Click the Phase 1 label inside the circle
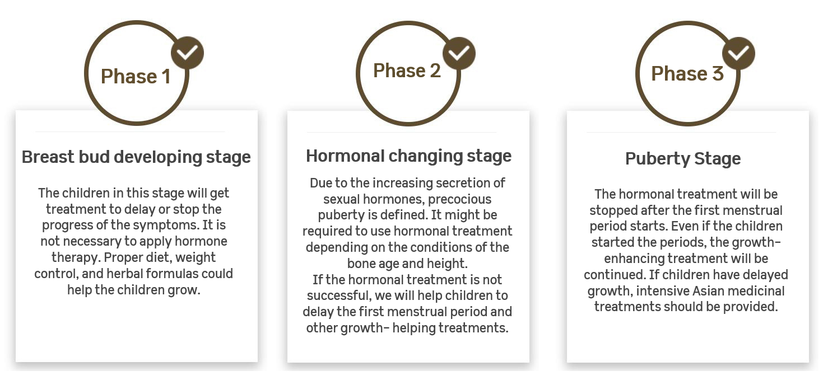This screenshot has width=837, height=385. pos(136,77)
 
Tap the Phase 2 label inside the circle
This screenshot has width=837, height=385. pos(407,71)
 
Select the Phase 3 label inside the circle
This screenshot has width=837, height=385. pos(687,73)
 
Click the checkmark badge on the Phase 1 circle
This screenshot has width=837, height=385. pos(187,53)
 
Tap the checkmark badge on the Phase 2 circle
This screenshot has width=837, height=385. pos(459,53)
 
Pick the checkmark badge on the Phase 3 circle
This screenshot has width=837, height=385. pos(738,53)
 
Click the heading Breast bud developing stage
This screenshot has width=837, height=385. pos(136,157)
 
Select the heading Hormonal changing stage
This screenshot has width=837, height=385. pos(408,156)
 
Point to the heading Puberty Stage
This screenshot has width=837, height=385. pos(683,158)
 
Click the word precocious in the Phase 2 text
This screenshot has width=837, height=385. pos(459,199)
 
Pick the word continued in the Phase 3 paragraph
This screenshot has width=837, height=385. pos(615,275)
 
